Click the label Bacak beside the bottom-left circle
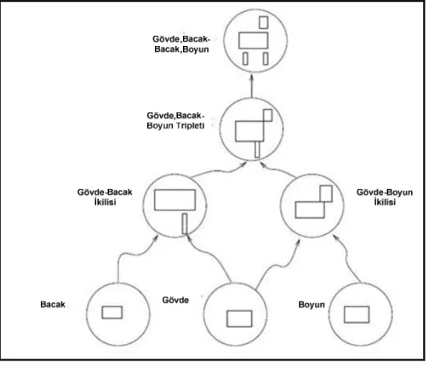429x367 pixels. tap(53, 305)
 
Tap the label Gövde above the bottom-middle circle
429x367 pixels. tap(175, 300)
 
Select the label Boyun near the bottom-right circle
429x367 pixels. tap(312, 305)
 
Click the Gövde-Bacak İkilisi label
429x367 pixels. tap(105, 197)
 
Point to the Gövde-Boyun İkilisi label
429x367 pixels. tap(385, 197)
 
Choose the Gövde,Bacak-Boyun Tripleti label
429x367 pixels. tap(175, 120)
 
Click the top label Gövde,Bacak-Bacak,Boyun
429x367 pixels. tap(181, 44)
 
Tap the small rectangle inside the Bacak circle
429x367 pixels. tap(112, 313)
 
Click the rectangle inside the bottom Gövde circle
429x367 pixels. tap(239, 318)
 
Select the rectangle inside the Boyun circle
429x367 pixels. tap(357, 314)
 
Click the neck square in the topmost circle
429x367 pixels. tap(264, 22)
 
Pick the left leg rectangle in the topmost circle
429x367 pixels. tap(245, 59)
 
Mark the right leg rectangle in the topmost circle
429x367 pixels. tap(266, 59)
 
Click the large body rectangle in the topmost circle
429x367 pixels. tap(253, 40)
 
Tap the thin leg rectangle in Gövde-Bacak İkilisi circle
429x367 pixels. tap(185, 224)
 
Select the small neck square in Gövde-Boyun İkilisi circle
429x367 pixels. tap(326, 193)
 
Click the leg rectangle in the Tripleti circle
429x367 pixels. tap(257, 149)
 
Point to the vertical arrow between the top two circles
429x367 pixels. tap(251, 86)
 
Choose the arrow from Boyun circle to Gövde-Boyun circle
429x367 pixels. tap(348, 257)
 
